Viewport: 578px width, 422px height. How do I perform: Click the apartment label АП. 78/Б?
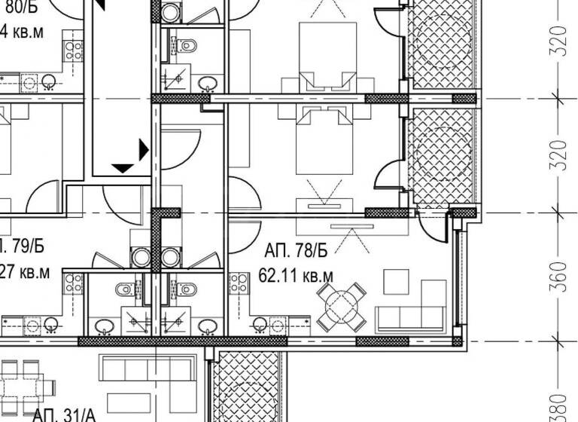click(x=298, y=250)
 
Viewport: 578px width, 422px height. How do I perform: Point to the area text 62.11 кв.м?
click(x=297, y=276)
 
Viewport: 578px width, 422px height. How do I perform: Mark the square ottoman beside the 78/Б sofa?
click(x=396, y=281)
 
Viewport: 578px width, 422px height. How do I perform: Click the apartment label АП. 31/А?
click(x=65, y=414)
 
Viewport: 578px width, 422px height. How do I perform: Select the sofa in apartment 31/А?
click(x=148, y=370)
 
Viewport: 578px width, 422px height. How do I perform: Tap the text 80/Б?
click(x=20, y=7)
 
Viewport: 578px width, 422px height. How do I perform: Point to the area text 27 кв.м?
click(x=26, y=271)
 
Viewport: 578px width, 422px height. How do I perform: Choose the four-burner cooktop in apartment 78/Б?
click(x=239, y=283)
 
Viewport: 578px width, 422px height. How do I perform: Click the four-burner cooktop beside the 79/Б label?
click(x=73, y=283)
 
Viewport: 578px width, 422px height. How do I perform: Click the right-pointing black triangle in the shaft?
click(x=143, y=149)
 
